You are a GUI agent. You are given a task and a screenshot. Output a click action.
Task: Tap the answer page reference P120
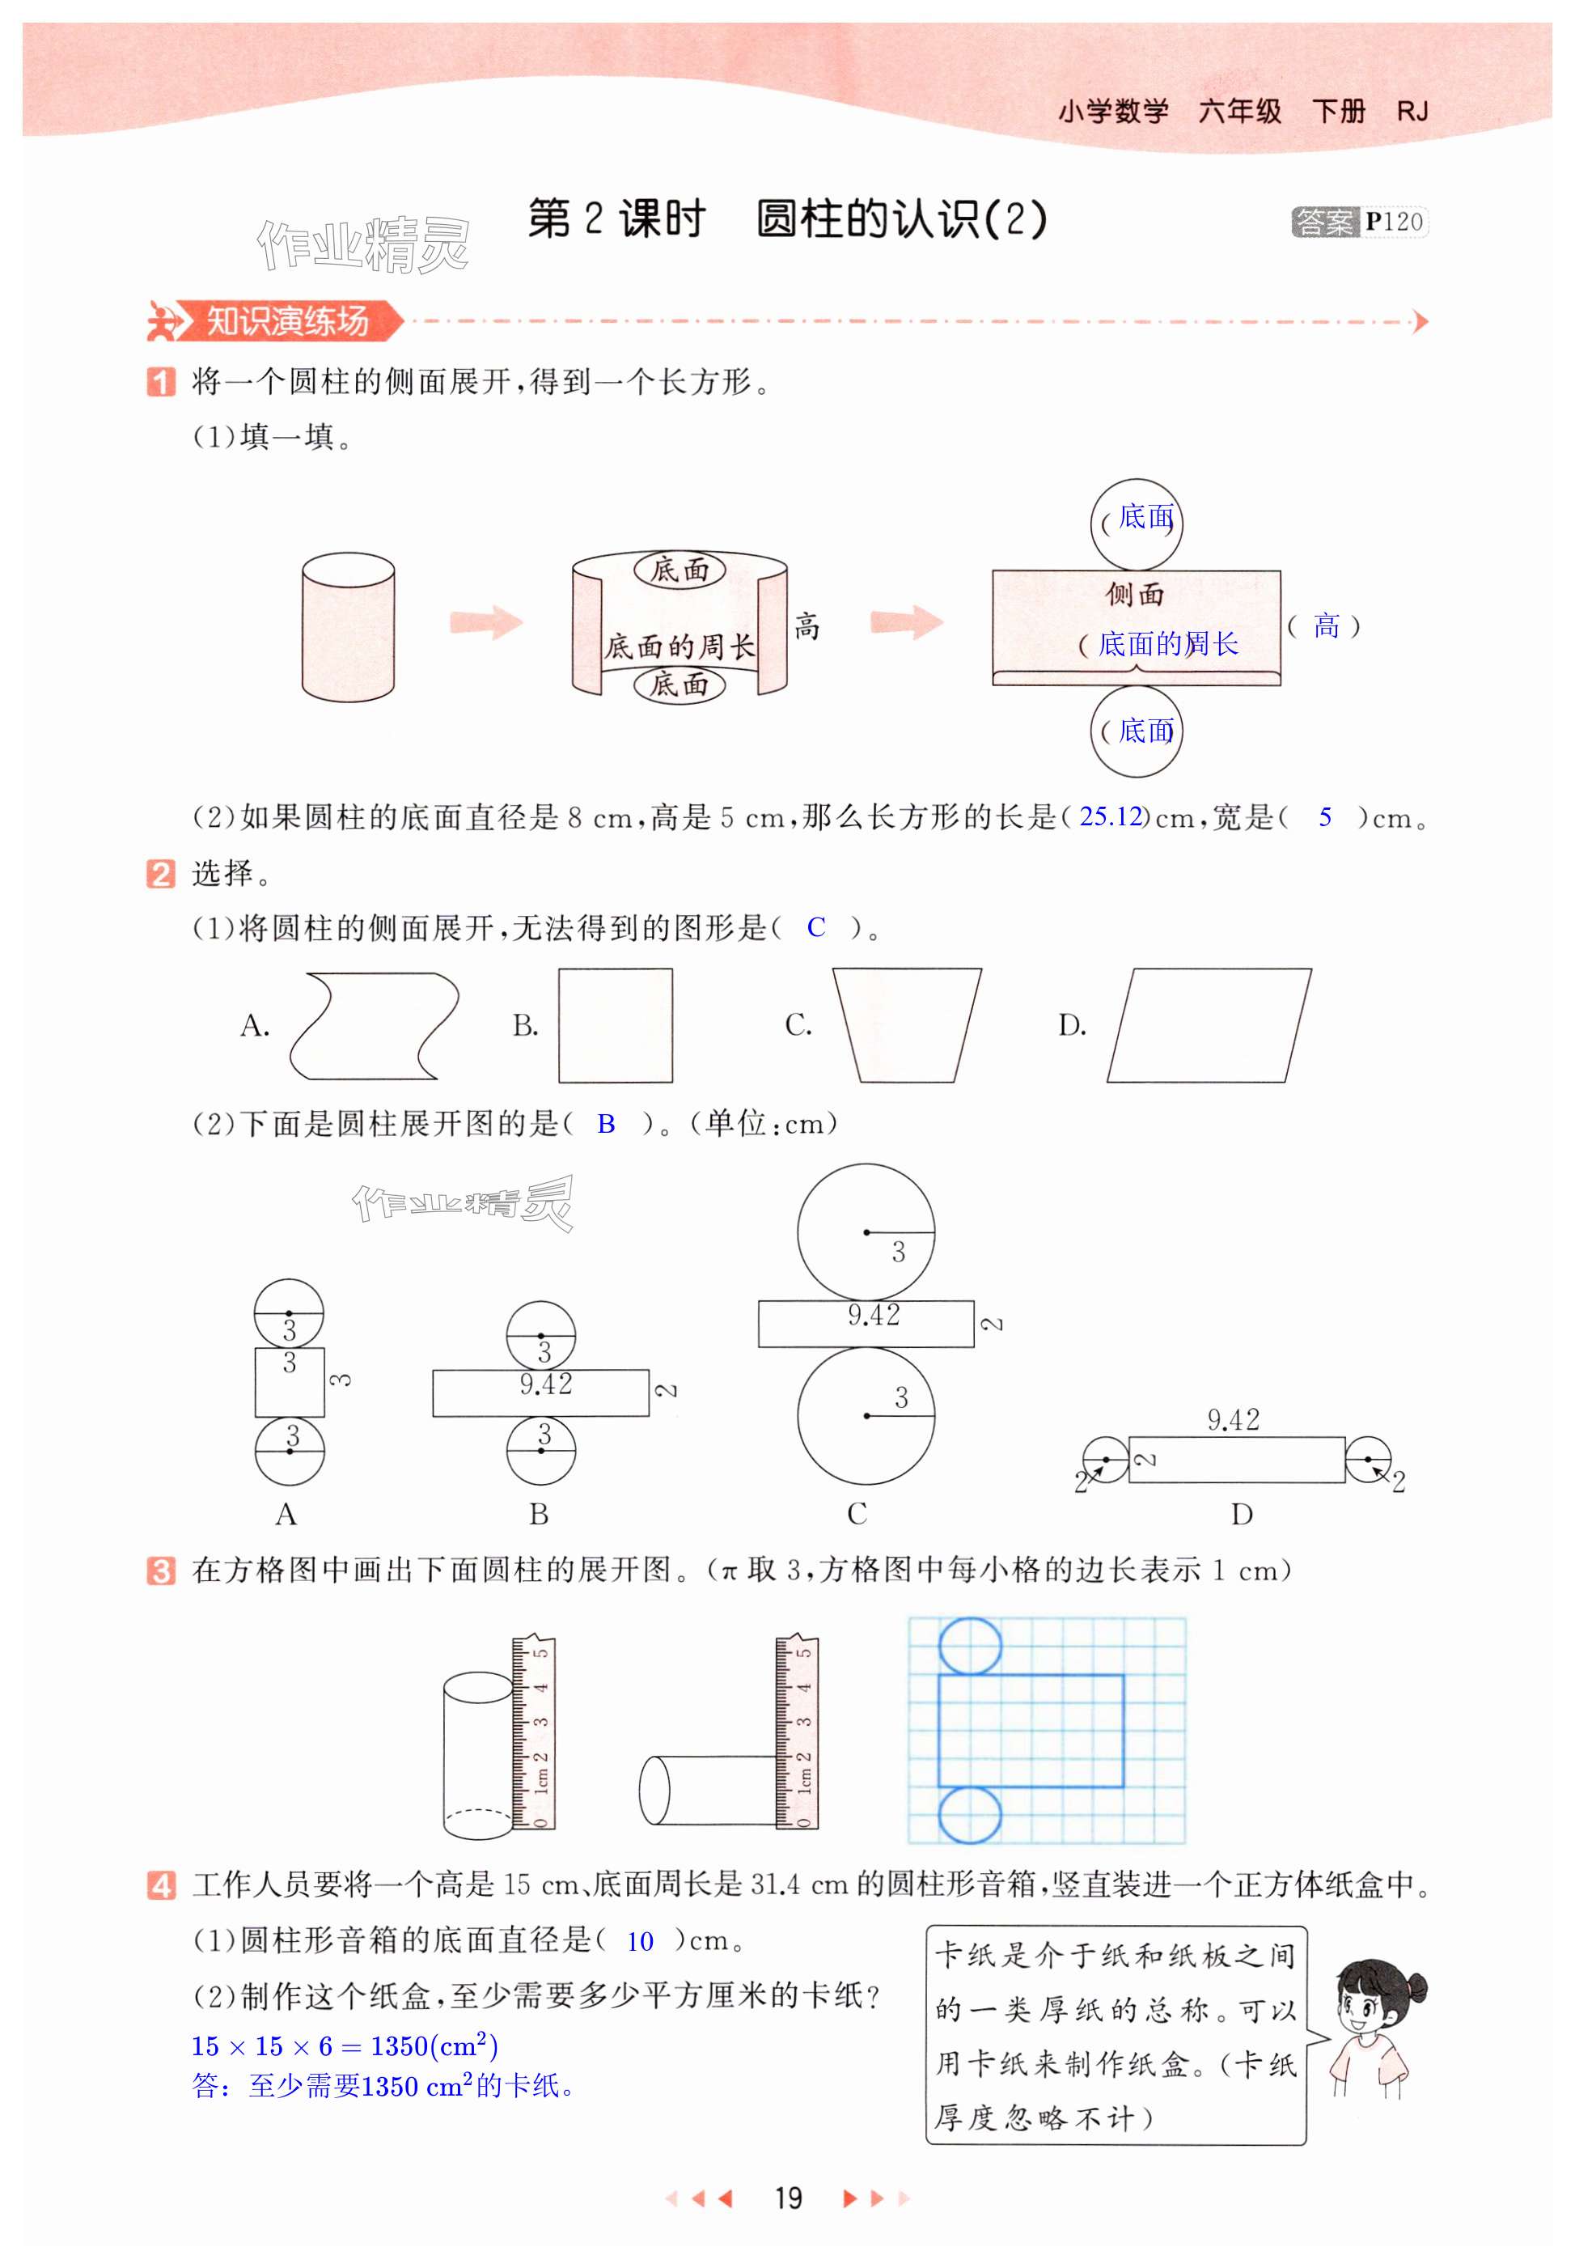(x=1395, y=221)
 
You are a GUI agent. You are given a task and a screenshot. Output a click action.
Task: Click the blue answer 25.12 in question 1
(x=1110, y=816)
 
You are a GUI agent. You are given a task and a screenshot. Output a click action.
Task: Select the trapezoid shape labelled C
(x=907, y=1025)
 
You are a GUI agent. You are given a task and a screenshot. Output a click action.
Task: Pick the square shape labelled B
(x=616, y=1025)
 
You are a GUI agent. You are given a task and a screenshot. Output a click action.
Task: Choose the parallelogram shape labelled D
(x=1209, y=1025)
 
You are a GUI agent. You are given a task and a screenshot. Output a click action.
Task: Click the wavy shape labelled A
(x=374, y=1025)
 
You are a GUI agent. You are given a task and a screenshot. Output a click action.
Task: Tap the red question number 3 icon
(x=161, y=1571)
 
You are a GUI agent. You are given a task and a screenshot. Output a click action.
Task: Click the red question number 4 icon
(x=161, y=1885)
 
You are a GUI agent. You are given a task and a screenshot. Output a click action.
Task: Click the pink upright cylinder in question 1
(x=349, y=628)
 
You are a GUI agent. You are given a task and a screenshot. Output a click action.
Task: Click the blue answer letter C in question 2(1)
(x=816, y=928)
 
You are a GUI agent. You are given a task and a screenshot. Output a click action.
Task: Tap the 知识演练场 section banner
(x=275, y=320)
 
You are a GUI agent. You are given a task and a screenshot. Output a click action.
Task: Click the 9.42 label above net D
(x=1234, y=1420)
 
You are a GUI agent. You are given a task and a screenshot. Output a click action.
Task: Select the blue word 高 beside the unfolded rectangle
(x=1327, y=625)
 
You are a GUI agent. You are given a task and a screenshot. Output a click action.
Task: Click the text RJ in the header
(x=1412, y=112)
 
